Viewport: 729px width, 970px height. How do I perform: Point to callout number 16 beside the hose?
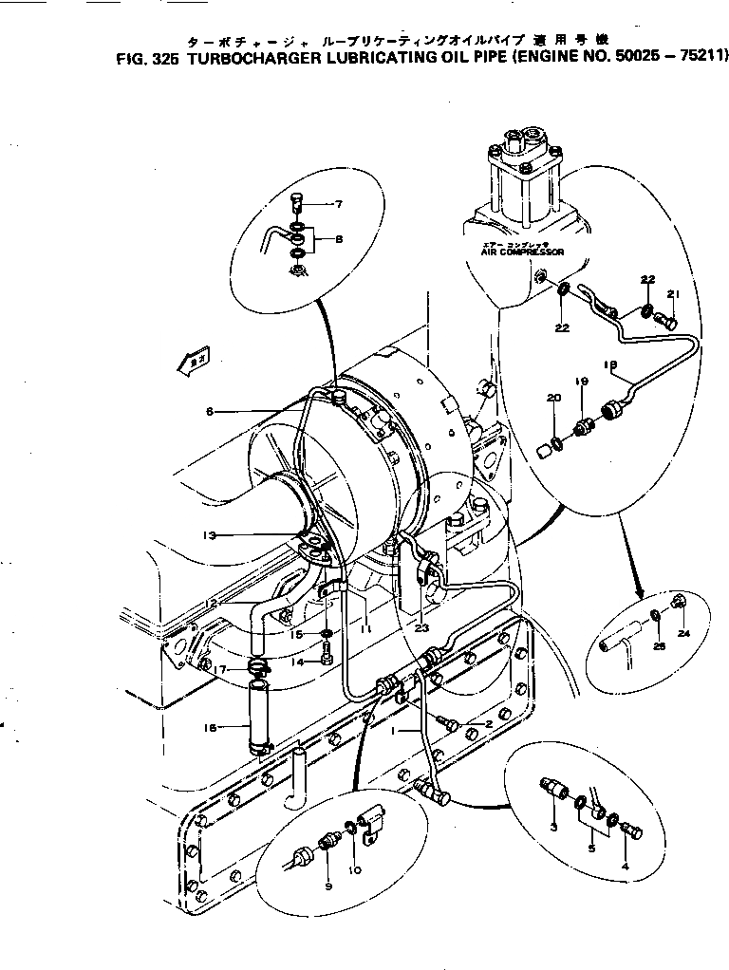tap(211, 728)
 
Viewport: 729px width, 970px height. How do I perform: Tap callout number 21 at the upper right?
tap(674, 293)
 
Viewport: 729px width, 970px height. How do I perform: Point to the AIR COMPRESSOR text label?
tap(522, 252)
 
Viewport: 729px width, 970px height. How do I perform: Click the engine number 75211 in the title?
tap(699, 57)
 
